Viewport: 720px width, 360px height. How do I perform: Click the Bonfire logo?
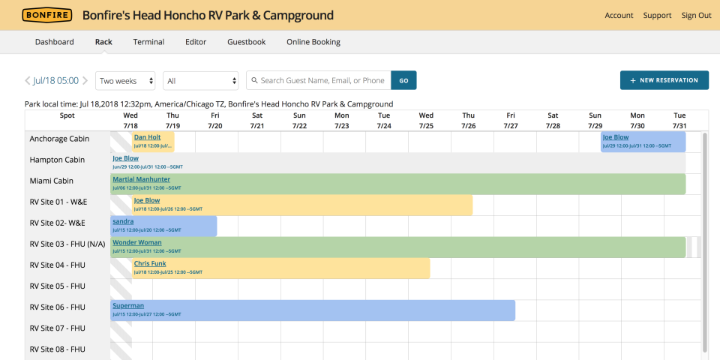(x=47, y=15)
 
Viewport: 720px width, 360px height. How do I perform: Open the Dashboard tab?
(x=54, y=42)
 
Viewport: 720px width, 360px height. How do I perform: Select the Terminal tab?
(x=148, y=42)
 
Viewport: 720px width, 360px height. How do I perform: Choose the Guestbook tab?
(x=246, y=42)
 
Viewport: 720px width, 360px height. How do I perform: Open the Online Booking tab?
(x=313, y=42)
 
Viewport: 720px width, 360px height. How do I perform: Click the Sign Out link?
(x=696, y=15)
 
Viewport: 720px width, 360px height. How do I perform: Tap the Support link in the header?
(x=657, y=15)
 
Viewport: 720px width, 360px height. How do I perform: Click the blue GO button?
(x=403, y=80)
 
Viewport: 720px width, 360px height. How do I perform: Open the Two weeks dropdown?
(x=127, y=80)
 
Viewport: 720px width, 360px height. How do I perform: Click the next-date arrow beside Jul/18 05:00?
(x=85, y=80)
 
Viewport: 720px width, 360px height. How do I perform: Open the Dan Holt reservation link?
(x=147, y=137)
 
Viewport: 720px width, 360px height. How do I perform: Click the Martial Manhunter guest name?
(x=141, y=179)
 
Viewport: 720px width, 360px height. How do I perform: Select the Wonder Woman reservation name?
(x=136, y=242)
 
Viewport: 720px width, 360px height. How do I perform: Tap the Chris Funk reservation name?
(x=151, y=263)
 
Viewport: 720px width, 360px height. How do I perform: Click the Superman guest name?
(x=127, y=305)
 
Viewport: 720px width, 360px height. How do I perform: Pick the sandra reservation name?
(x=122, y=221)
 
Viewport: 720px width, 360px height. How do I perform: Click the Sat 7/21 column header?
(x=257, y=120)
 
